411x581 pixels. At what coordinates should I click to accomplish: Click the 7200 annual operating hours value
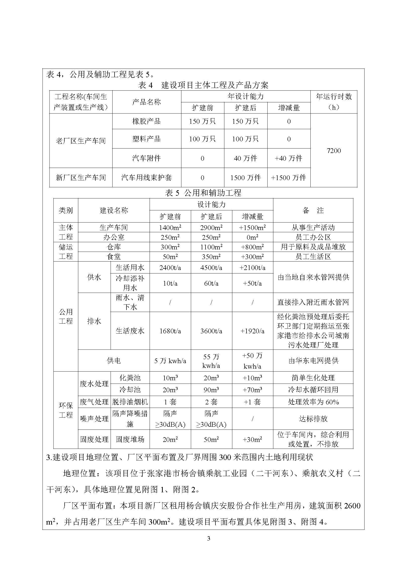[333, 151]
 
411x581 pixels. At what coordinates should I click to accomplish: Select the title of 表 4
[203, 85]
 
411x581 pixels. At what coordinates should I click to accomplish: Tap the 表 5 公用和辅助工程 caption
[203, 193]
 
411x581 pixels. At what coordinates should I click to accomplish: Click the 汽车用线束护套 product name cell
[147, 178]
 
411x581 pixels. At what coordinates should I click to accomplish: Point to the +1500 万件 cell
[288, 178]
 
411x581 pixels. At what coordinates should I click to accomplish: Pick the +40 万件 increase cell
[288, 158]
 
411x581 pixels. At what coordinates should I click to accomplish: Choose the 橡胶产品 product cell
[147, 121]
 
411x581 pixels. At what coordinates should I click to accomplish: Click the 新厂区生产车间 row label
[81, 178]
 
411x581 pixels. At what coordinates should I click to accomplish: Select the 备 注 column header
[313, 211]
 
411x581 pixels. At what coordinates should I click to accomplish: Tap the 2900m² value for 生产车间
[211, 228]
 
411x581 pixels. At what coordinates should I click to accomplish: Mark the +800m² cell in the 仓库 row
[252, 247]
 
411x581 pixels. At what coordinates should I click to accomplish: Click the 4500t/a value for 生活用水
[211, 268]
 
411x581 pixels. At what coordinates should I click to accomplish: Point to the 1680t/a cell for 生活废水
[170, 331]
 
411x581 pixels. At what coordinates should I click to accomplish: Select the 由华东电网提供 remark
[313, 361]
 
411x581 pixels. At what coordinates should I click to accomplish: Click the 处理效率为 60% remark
[313, 402]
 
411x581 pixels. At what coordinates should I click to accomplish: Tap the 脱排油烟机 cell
[130, 402]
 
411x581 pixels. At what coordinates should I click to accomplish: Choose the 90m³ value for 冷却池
[211, 390]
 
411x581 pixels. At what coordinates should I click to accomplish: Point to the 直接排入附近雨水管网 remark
[313, 302]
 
